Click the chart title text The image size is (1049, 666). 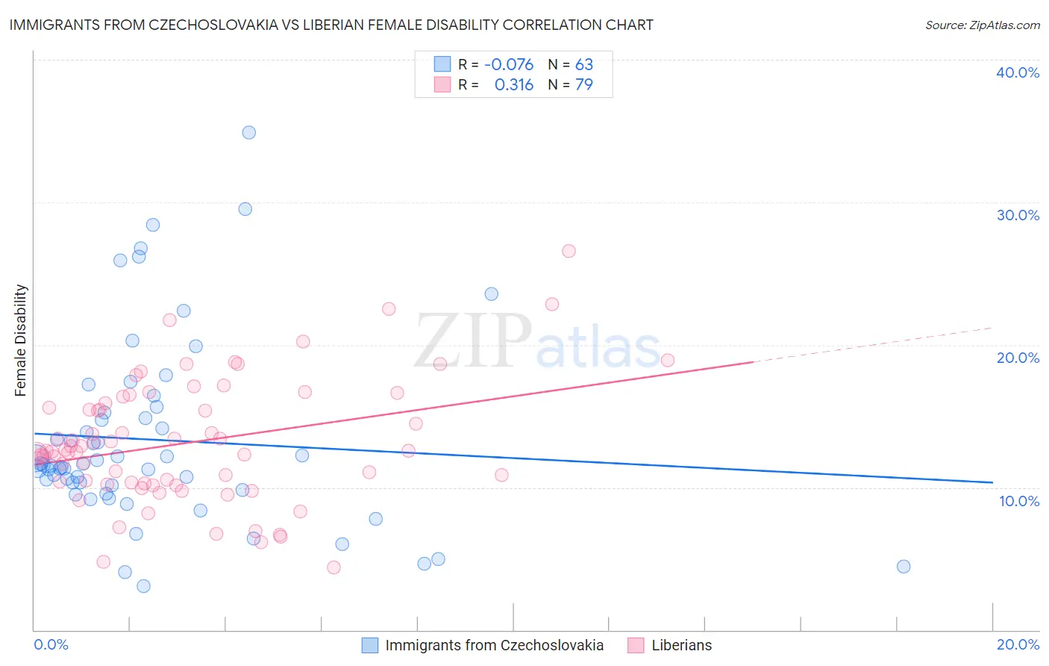pyautogui.click(x=331, y=25)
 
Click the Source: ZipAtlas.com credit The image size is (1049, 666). pyautogui.click(x=982, y=25)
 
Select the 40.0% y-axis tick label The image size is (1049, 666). pyautogui.click(x=1018, y=72)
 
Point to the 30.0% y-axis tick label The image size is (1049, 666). pyautogui.click(x=1018, y=215)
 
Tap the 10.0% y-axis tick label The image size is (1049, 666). pyautogui.click(x=1019, y=501)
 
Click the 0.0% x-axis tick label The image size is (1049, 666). pyautogui.click(x=51, y=644)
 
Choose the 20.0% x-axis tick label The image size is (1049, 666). pyautogui.click(x=1018, y=644)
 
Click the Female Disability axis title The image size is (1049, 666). pyautogui.click(x=21, y=340)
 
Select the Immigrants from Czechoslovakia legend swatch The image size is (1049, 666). pyautogui.click(x=369, y=645)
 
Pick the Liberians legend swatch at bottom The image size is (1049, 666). pyautogui.click(x=636, y=645)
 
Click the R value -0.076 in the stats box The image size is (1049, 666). pyautogui.click(x=509, y=65)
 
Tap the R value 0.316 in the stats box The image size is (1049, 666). pyautogui.click(x=514, y=85)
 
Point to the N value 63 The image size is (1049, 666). pyautogui.click(x=583, y=65)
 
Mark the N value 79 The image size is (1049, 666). pyautogui.click(x=583, y=85)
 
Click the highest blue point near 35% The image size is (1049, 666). pyautogui.click(x=248, y=132)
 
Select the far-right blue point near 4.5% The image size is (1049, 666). pyautogui.click(x=904, y=566)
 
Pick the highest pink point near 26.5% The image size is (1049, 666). pyautogui.click(x=569, y=251)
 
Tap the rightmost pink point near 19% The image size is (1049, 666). pyautogui.click(x=667, y=360)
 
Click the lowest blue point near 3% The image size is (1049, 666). pyautogui.click(x=143, y=586)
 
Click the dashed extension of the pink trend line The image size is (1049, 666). pyautogui.click(x=873, y=344)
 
